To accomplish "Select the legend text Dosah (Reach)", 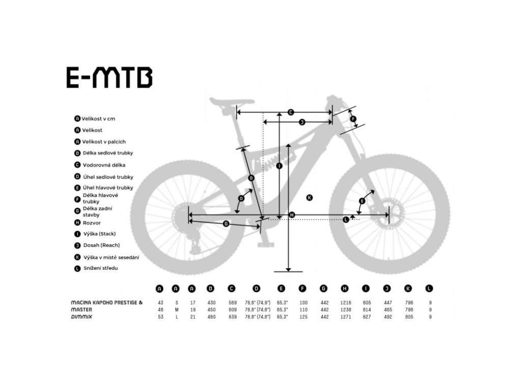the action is tap(102, 245).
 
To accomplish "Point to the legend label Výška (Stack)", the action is tap(100, 234).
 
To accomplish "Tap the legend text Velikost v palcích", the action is tap(104, 142).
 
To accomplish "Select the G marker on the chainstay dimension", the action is tap(225, 224).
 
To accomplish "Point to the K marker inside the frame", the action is tap(309, 197).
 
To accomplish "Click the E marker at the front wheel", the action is tap(362, 201).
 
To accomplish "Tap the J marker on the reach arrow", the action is tap(301, 122).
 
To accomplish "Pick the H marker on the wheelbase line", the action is tap(292, 215).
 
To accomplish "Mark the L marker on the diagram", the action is tap(346, 219).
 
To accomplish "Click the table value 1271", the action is tap(345, 317).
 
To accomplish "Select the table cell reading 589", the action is tap(231, 303).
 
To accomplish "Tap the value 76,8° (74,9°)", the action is tap(256, 303).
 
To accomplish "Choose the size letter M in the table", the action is tap(176, 310).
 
